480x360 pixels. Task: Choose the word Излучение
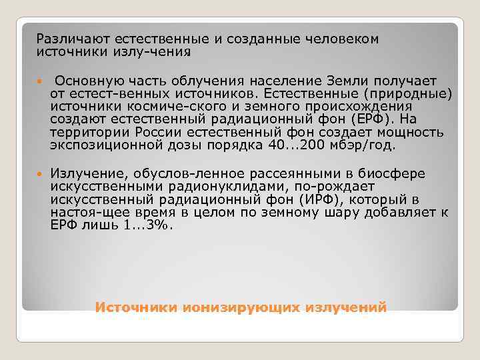(x=83, y=174)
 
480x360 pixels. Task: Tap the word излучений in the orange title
(x=346, y=307)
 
